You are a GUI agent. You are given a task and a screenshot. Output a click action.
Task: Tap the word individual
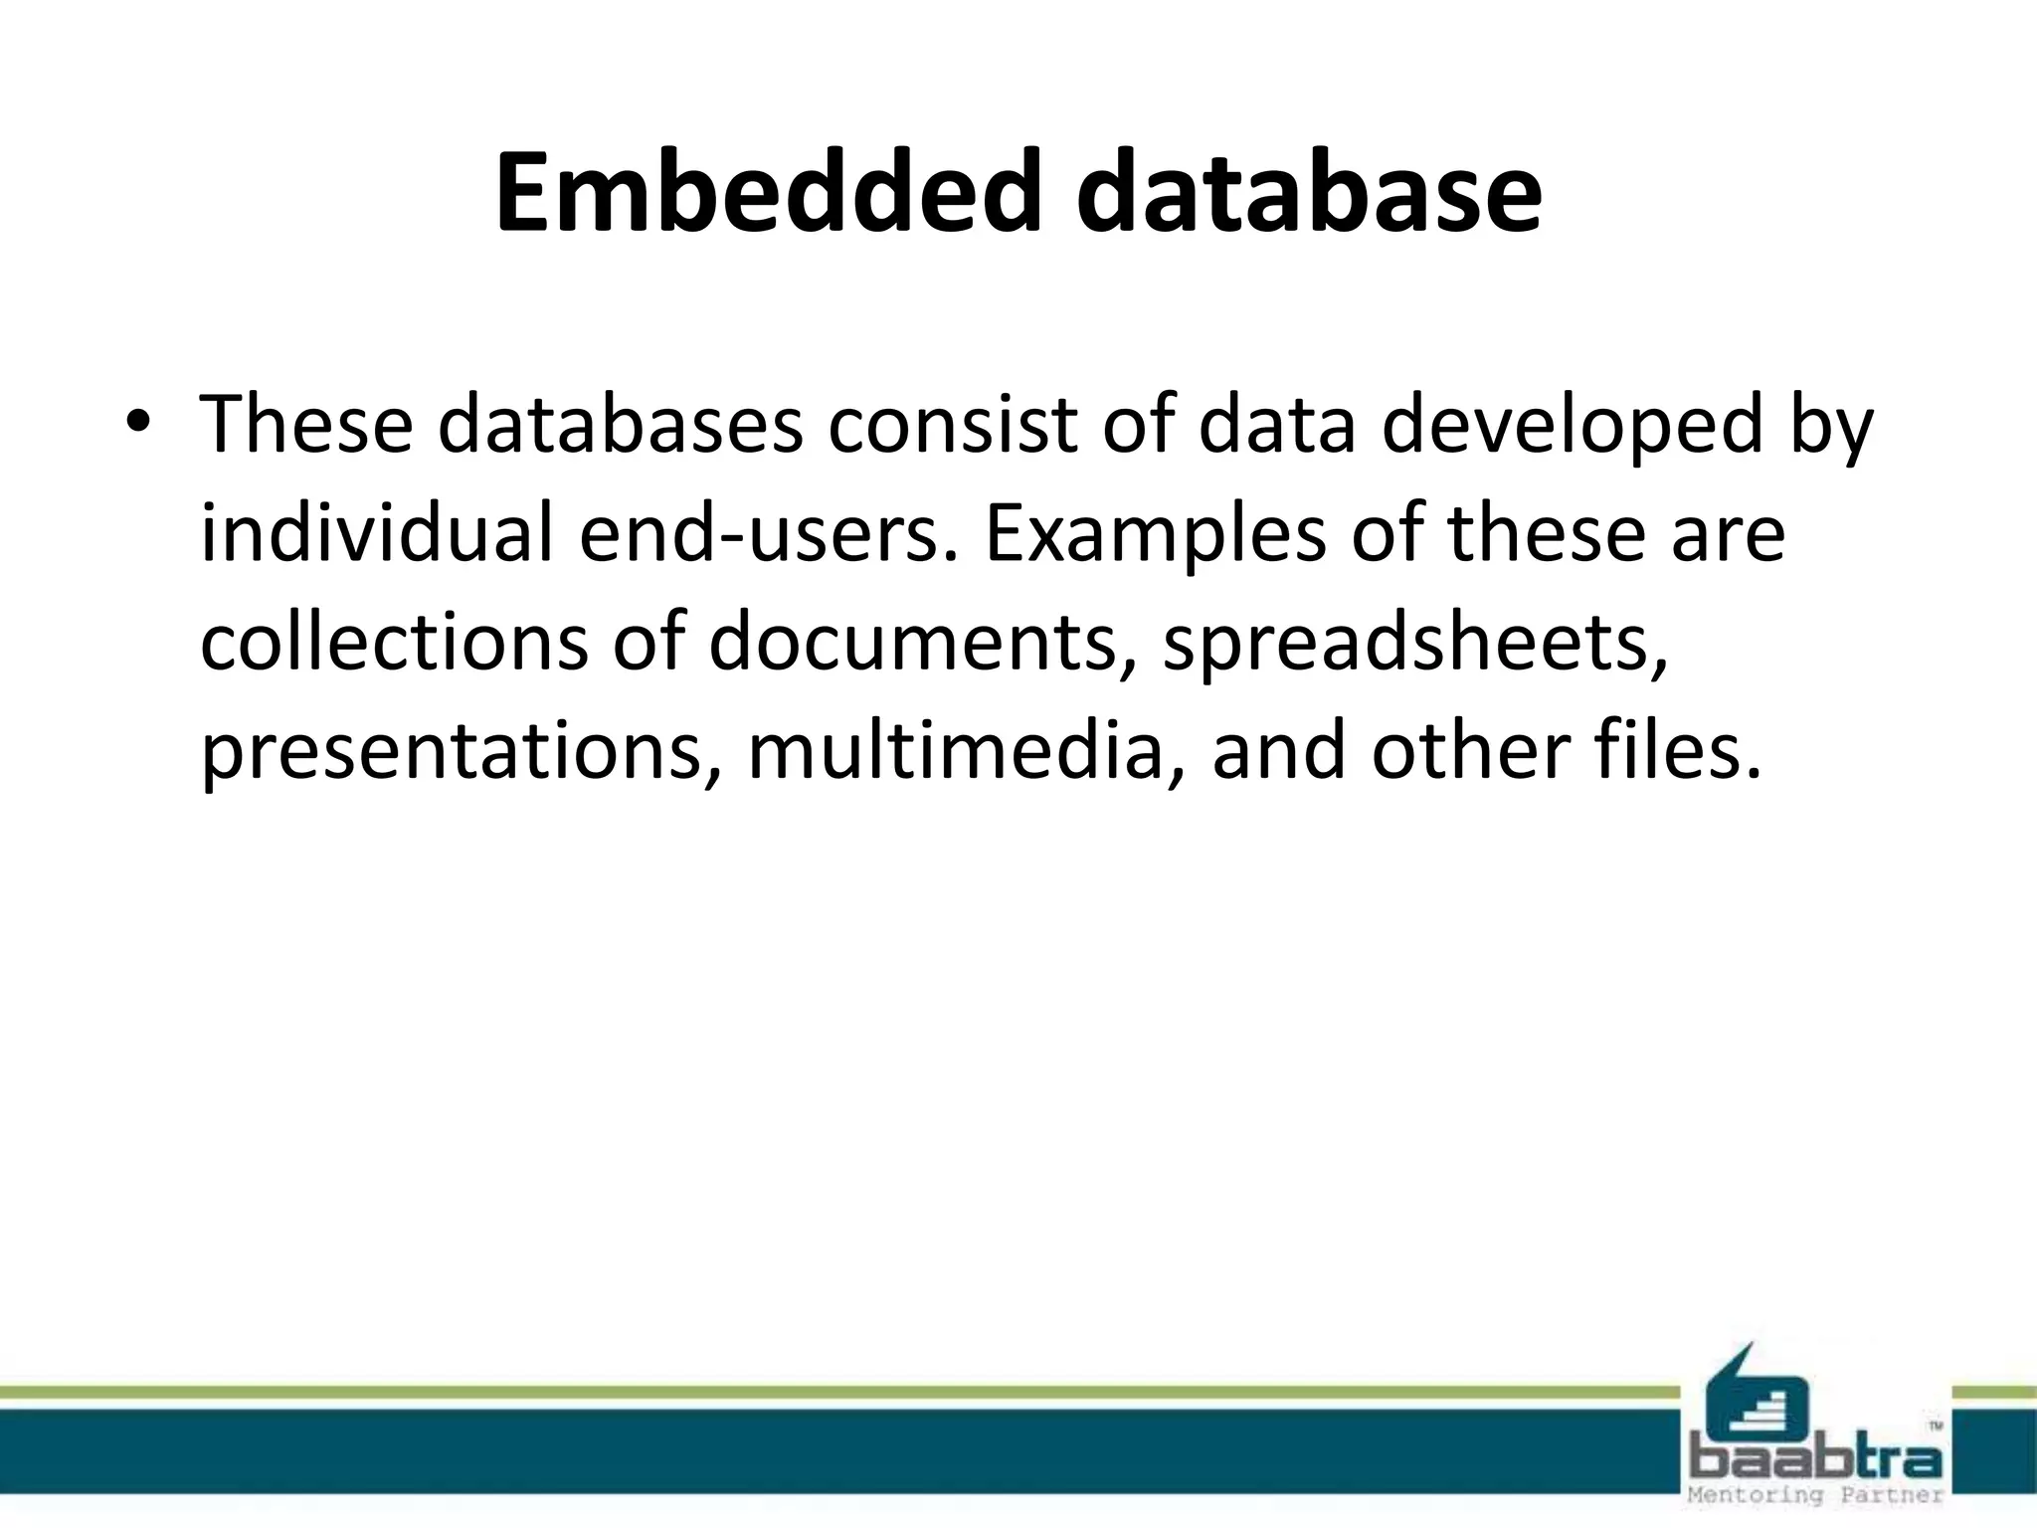(376, 534)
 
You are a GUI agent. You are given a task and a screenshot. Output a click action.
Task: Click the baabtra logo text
(1816, 1460)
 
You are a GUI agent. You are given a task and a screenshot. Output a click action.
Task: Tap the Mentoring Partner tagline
(1816, 1495)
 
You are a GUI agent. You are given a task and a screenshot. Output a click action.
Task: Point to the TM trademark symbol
(1935, 1426)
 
